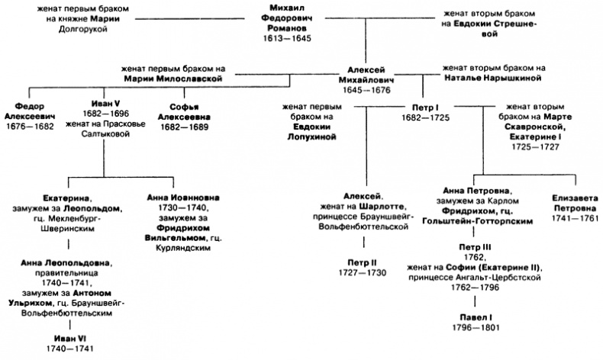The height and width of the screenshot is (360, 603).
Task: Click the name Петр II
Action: (359, 262)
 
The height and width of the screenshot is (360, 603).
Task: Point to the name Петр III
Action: (475, 248)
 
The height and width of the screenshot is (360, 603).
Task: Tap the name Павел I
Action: (475, 317)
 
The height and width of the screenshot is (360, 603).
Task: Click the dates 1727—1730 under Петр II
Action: (359, 272)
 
